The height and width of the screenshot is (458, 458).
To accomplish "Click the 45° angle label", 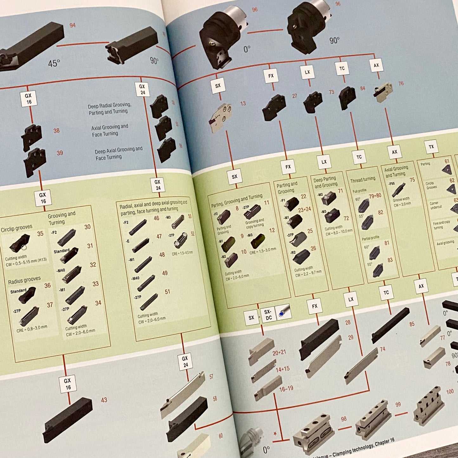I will [54, 63].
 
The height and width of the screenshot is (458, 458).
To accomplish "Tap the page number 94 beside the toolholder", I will [73, 25].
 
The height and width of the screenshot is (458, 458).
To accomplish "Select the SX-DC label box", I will [268, 315].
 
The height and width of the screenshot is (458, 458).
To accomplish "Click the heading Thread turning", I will [363, 180].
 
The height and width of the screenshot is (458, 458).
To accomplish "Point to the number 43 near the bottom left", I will [104, 400].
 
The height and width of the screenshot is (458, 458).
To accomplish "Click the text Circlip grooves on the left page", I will [16, 228].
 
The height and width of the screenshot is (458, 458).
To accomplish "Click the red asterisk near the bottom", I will [275, 434].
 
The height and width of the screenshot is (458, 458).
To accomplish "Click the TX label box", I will [431, 147].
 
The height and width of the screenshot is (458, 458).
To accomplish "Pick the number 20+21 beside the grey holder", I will [279, 352].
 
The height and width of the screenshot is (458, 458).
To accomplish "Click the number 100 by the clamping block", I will [450, 392].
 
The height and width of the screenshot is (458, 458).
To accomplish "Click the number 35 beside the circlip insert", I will [40, 234].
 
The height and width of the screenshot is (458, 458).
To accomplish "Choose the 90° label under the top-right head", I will [334, 41].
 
